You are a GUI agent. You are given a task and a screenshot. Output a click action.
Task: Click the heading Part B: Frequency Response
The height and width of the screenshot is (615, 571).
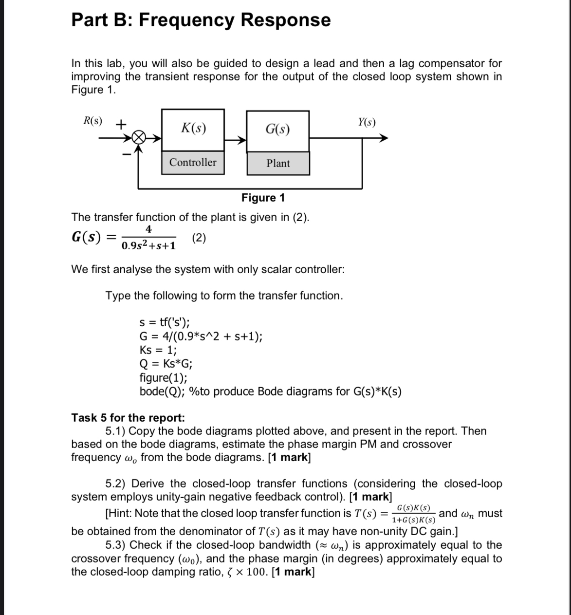click(x=201, y=20)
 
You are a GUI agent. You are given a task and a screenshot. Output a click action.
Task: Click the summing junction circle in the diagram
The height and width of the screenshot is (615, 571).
click(x=139, y=138)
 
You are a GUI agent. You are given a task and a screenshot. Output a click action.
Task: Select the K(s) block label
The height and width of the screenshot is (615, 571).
click(x=193, y=129)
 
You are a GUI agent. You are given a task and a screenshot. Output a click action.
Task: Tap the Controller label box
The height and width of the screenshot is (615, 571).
click(x=193, y=163)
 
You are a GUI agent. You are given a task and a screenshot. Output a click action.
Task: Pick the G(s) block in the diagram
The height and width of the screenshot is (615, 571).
click(x=277, y=130)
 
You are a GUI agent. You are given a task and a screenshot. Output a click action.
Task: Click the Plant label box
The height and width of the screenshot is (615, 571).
click(x=278, y=164)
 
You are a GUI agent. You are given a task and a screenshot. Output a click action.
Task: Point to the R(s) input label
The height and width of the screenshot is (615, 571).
click(x=92, y=121)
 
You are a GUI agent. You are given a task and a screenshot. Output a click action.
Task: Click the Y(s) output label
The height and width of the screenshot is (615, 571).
click(x=367, y=122)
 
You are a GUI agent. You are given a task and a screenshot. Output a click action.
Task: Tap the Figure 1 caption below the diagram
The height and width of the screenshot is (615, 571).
click(x=263, y=198)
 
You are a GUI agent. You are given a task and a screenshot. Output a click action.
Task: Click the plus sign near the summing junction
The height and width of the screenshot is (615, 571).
click(x=121, y=124)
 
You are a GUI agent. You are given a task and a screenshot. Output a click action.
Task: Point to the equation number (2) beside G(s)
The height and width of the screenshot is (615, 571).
click(x=199, y=238)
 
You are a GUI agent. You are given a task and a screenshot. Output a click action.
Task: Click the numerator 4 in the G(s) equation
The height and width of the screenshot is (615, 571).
click(x=149, y=229)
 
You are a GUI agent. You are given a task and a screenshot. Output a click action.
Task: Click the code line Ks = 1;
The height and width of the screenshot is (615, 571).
click(x=158, y=350)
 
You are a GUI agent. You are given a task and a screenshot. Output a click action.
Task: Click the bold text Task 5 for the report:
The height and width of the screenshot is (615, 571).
click(x=128, y=418)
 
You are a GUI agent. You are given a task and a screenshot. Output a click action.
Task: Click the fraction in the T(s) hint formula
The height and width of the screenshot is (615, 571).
click(x=413, y=513)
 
